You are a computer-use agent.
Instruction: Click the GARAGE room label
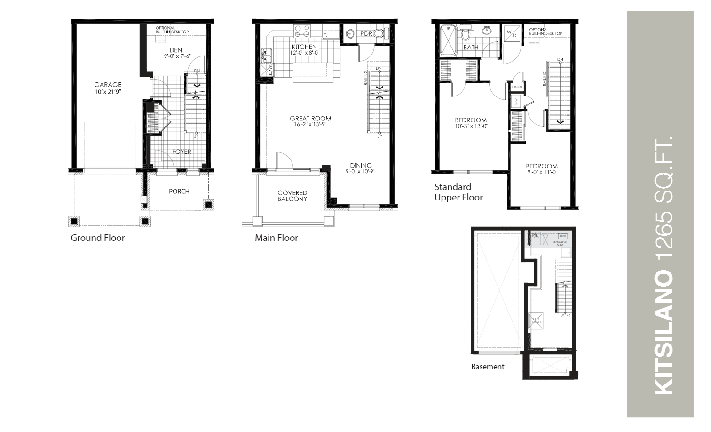click(107, 85)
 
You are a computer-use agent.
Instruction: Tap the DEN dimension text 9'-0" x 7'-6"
click(175, 56)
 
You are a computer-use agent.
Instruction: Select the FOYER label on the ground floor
click(182, 152)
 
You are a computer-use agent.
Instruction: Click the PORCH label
click(179, 191)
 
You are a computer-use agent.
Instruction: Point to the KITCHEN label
click(304, 47)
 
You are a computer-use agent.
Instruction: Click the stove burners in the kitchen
click(302, 31)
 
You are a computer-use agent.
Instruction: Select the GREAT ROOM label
click(310, 119)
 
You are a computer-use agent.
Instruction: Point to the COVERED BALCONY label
click(292, 196)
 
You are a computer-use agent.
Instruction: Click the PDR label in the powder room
click(366, 34)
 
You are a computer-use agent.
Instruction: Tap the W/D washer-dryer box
click(511, 33)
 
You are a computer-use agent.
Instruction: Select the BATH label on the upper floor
click(471, 48)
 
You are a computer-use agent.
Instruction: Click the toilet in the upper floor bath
click(466, 34)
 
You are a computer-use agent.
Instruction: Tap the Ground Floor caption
click(98, 238)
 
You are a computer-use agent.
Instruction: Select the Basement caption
click(488, 367)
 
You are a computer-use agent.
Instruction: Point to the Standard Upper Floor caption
click(458, 192)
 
